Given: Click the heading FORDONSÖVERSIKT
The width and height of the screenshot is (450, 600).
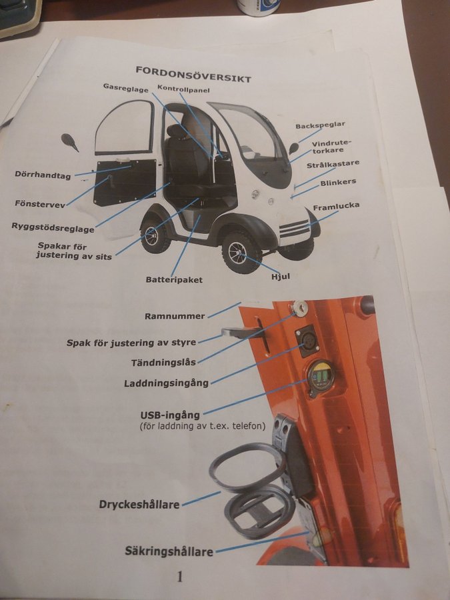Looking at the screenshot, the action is [193, 74].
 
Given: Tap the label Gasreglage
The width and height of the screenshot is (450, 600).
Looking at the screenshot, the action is [125, 87].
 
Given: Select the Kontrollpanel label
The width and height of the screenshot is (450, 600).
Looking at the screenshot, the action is [183, 90].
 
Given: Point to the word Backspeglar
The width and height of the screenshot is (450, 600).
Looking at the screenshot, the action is [320, 125].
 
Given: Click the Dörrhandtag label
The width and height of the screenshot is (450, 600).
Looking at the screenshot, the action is [43, 175].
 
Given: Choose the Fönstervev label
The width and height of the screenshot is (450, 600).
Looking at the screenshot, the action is [40, 203].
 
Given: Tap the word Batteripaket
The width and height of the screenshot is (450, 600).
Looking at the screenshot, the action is [174, 280].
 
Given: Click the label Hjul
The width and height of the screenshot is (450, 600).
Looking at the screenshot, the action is [281, 276].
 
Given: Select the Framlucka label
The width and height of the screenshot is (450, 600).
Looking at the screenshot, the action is [336, 207].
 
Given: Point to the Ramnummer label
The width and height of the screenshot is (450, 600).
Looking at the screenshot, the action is [175, 317].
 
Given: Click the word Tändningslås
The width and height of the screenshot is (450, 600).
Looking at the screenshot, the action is [163, 362].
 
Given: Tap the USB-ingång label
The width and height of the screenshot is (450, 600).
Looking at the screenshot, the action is [170, 415].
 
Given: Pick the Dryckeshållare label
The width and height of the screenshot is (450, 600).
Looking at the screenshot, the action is [139, 505].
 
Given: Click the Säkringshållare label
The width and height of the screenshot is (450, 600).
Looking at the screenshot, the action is [169, 551].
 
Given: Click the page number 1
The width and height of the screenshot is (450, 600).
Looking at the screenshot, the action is [179, 576].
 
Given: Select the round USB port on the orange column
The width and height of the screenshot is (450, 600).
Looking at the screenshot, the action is [321, 377].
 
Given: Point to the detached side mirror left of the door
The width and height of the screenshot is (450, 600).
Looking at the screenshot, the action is [69, 141].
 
